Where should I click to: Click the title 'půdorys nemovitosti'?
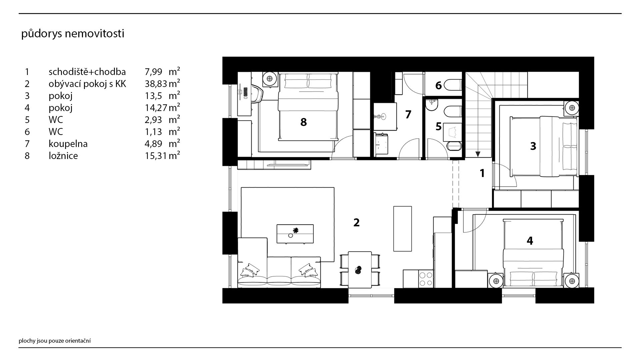coord(73,34)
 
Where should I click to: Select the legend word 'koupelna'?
coord(68,144)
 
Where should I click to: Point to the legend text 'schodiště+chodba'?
coord(87,72)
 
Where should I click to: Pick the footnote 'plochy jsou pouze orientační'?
coord(55,341)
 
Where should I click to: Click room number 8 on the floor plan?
coord(303,122)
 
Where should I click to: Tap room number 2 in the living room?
coord(356,222)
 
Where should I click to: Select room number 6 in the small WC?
coord(438,86)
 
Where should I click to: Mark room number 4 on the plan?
coord(530,240)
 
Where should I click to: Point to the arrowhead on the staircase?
coord(478,154)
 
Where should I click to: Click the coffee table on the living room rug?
coord(295,234)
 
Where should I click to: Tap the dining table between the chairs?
coord(360,270)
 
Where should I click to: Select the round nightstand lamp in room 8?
coord(269,79)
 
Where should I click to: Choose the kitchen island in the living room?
coord(402,229)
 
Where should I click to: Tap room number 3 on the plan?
coord(533,146)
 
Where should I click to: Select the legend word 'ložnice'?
coord(63,156)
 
